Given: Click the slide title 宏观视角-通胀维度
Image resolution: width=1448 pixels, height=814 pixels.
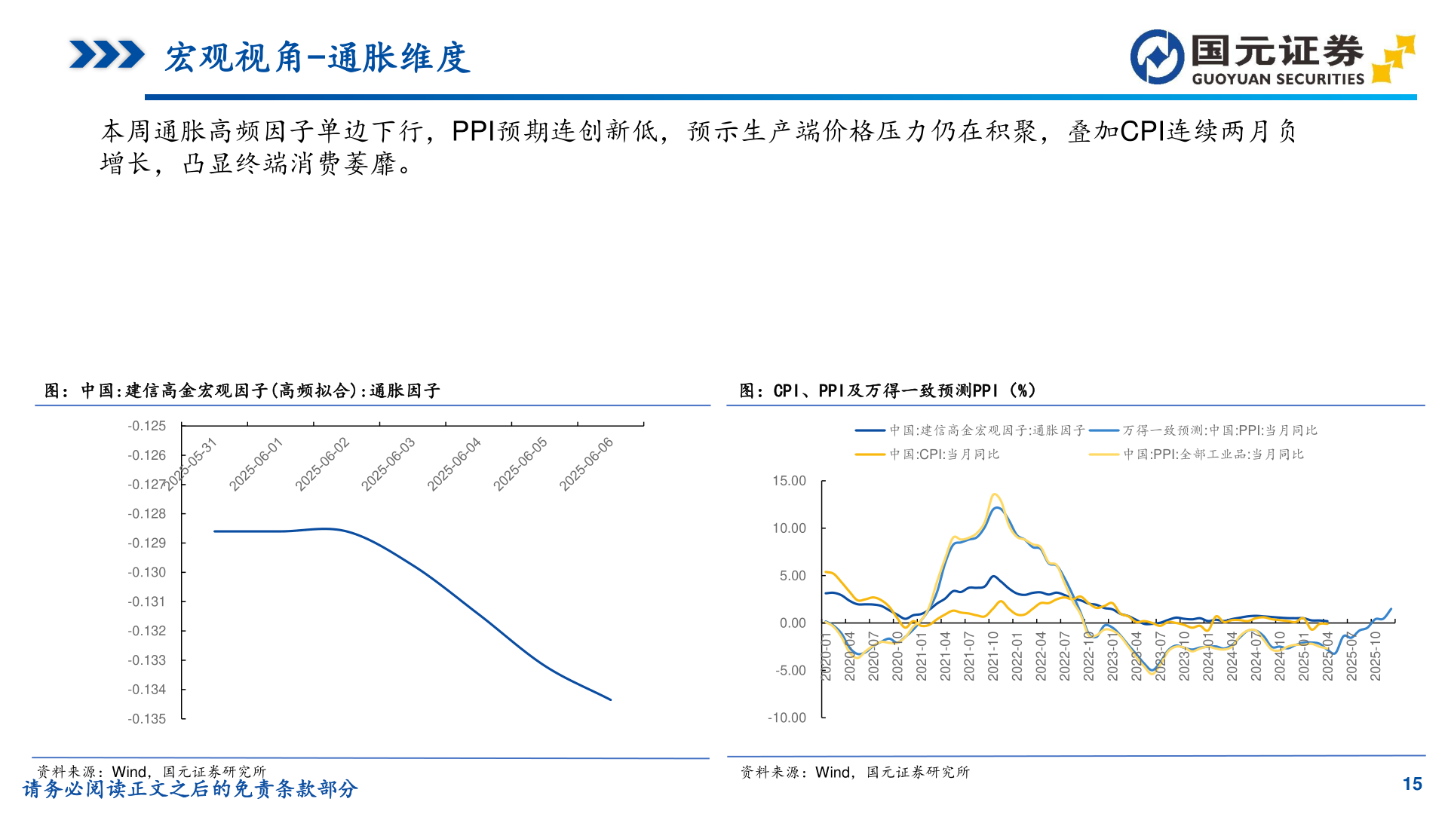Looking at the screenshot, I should [318, 58].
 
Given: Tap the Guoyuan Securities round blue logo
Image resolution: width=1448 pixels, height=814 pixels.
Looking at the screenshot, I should [1157, 57].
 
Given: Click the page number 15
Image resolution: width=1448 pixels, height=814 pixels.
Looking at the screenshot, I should [1412, 784].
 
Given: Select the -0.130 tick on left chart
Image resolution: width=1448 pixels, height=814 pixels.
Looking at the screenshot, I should [147, 572].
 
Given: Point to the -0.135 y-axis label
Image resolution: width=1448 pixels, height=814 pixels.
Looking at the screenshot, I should [147, 719].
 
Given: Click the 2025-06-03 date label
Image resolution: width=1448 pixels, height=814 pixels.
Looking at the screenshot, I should [388, 464].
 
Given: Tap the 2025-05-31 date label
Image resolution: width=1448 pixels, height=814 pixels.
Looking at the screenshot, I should [190, 464].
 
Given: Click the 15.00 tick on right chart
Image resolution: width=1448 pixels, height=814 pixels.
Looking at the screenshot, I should [789, 481].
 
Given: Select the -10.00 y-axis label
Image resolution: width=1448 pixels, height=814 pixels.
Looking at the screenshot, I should [787, 718].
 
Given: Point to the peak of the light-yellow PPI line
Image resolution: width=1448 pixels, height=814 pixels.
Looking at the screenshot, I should [995, 494].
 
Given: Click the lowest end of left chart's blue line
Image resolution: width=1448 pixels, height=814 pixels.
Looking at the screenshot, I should [610, 699].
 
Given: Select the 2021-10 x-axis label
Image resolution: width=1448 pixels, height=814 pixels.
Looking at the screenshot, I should [993, 656].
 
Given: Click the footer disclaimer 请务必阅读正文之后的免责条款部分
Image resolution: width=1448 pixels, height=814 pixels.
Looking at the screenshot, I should [190, 789].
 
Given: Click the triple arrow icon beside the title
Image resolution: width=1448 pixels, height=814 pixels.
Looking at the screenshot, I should [106, 55].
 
